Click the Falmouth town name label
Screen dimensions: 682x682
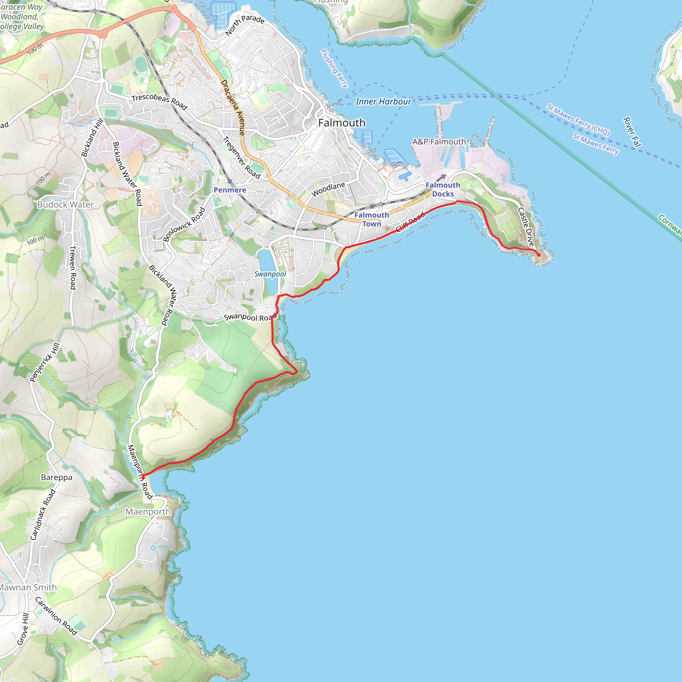click(x=342, y=123)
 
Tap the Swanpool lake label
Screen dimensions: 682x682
click(x=270, y=274)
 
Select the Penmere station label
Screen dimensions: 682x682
click(x=230, y=190)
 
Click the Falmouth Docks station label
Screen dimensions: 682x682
click(x=443, y=189)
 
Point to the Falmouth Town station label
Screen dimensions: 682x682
click(x=372, y=219)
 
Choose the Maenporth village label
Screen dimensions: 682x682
click(x=148, y=511)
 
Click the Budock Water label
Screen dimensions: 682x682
click(x=66, y=204)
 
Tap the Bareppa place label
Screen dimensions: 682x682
click(x=57, y=477)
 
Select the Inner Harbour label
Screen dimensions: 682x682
click(x=383, y=102)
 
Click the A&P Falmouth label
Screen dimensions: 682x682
click(x=439, y=142)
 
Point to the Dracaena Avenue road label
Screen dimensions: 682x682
click(x=233, y=108)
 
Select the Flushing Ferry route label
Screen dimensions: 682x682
click(x=334, y=68)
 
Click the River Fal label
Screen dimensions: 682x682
click(x=632, y=132)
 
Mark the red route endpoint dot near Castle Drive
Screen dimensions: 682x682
click(x=539, y=255)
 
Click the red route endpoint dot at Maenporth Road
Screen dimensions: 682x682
click(x=143, y=477)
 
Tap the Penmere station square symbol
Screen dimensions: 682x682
click(x=230, y=181)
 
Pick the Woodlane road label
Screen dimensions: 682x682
click(x=328, y=189)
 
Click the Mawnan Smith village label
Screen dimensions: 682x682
click(x=28, y=587)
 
